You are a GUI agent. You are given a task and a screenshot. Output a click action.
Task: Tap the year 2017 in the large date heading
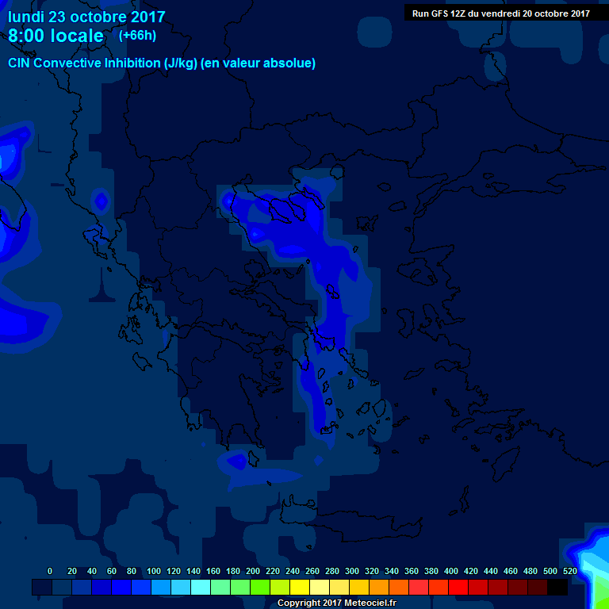pos(143,17)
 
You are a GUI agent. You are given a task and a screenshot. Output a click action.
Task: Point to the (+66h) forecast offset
pos(137,36)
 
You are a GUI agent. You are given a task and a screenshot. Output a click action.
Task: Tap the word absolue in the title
pos(290,63)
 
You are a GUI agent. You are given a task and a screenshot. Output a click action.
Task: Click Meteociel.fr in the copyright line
pos(369,603)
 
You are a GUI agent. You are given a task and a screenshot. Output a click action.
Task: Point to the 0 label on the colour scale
pos(51,571)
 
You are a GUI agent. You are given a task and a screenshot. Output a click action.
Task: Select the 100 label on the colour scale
pos(154,571)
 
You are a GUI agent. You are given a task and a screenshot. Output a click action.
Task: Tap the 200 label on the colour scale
pos(253,571)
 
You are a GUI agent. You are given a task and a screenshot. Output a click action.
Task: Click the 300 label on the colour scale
pos(352,571)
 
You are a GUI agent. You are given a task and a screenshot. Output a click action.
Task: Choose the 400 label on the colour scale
pos(451,571)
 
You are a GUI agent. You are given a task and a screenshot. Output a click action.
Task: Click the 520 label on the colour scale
pos(569,571)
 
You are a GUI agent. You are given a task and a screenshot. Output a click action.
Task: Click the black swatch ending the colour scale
pos(557,587)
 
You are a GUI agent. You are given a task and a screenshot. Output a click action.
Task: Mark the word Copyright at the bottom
pos(298,603)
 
